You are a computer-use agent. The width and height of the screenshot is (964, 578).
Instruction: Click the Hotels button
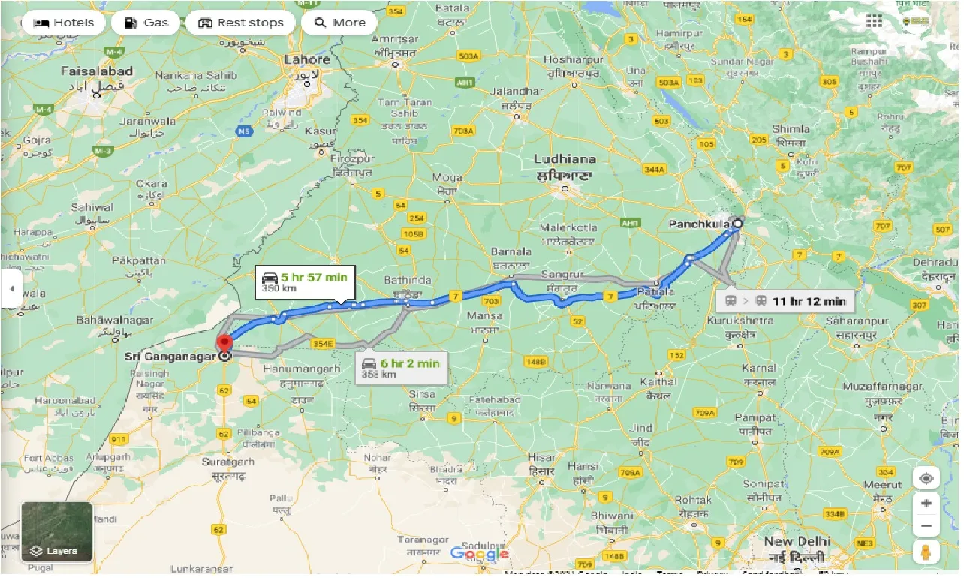point(64,23)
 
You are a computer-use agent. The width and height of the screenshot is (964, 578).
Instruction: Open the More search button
point(339,23)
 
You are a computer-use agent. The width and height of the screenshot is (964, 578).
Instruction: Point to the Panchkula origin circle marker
point(737,223)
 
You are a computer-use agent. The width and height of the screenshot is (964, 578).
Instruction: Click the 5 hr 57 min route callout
point(304,281)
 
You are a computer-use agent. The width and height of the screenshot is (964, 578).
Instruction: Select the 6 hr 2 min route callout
point(401,368)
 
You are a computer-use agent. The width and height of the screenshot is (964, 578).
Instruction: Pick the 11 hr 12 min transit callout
point(785,301)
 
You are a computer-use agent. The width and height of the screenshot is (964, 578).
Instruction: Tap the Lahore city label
point(307,60)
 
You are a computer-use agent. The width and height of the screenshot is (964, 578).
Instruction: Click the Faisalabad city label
point(98,71)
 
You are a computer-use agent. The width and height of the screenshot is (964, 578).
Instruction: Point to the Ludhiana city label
point(565,159)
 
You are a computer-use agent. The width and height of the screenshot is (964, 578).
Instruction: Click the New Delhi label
point(797,541)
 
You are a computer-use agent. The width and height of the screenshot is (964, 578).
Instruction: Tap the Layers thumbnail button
point(57,531)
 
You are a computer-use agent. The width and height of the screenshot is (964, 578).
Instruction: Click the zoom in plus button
point(927,503)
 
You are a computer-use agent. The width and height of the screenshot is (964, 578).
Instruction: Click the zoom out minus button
point(927,526)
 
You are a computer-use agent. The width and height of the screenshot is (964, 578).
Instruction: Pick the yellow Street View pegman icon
point(927,552)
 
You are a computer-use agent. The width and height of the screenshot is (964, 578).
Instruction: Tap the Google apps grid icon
point(874,21)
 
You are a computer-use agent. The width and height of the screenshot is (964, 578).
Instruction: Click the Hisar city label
point(542,457)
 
